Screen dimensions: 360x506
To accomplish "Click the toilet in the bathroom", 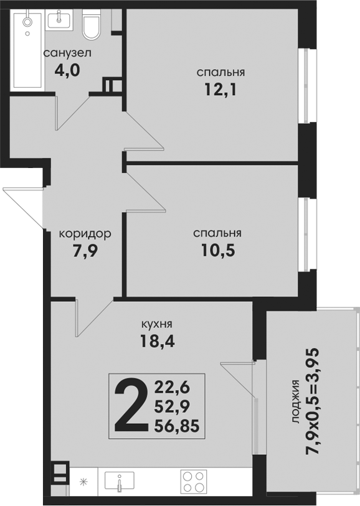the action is point(91,24).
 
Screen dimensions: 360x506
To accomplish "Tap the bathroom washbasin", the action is point(59,20).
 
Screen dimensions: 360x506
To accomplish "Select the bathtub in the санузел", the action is point(27,50).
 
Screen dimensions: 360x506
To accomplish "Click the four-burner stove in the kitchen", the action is point(194,482).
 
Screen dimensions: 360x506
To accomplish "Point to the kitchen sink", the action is point(120,482).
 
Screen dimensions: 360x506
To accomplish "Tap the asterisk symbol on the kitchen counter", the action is point(83,482).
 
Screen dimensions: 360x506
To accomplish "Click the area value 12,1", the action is point(220,90).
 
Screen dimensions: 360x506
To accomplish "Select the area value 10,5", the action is point(218,250).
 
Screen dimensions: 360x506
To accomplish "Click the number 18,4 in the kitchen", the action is point(157,341).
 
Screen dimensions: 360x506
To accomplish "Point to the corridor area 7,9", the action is point(85,251).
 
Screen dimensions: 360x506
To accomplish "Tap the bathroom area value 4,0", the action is point(67,70).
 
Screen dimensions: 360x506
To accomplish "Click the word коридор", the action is point(85,233).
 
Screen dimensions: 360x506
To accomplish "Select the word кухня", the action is point(157,324).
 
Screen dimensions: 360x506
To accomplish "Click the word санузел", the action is point(67,53).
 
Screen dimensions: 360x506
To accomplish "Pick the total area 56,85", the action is point(177,426).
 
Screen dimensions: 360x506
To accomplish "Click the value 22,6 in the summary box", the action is point(172,387).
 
